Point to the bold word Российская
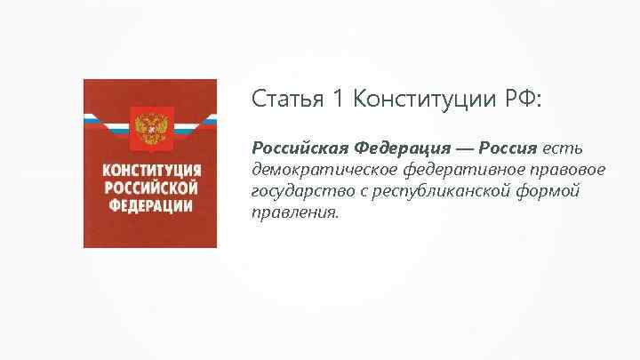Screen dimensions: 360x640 point(298,145)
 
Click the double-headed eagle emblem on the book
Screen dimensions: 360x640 point(149,128)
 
